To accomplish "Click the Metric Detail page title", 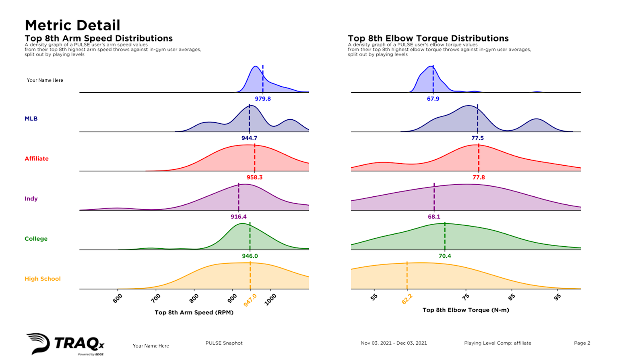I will pyautogui.click(x=72, y=25).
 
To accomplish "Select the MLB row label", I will pyautogui.click(x=31, y=119).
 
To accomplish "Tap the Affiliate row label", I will pyautogui.click(x=37, y=158).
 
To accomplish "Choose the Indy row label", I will pyautogui.click(x=31, y=198).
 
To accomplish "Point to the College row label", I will pyautogui.click(x=36, y=239).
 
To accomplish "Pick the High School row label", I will pyautogui.click(x=43, y=279).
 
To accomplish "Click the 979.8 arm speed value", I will pyautogui.click(x=263, y=99).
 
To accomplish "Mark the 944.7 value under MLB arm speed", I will pyautogui.click(x=249, y=138).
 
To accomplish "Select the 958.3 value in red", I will pyautogui.click(x=254, y=177).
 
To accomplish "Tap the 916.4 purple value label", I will pyautogui.click(x=239, y=216).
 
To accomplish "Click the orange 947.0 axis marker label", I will pyautogui.click(x=250, y=300).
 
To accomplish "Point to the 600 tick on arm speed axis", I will pyautogui.click(x=118, y=298).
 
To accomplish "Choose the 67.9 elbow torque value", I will pyautogui.click(x=433, y=99).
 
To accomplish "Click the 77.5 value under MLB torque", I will pyautogui.click(x=478, y=138).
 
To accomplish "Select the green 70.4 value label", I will pyautogui.click(x=445, y=256).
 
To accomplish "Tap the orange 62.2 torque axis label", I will pyautogui.click(x=407, y=299).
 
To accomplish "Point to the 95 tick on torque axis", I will pyautogui.click(x=557, y=297).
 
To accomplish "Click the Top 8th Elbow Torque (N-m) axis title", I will pyautogui.click(x=466, y=310).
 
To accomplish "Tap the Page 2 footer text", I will pyautogui.click(x=582, y=343).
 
